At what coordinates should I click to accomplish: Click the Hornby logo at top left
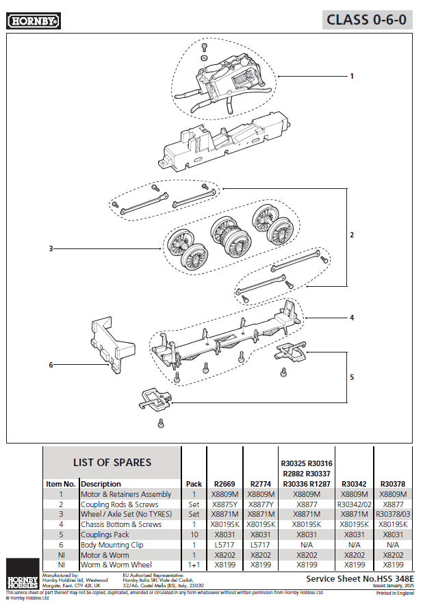tap(34, 21)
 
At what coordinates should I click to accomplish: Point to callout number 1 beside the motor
tap(352, 76)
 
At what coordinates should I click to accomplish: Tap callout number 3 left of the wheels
tap(51, 248)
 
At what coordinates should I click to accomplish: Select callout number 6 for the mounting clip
tap(51, 365)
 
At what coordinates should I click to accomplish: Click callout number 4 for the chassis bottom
tap(352, 318)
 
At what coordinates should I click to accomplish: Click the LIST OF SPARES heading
tap(112, 462)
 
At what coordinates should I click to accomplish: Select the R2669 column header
tap(225, 483)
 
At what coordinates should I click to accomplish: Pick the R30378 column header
tap(393, 483)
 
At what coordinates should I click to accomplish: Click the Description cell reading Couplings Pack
tap(105, 535)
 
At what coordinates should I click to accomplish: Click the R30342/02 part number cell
tap(354, 504)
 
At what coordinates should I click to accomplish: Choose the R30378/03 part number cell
tap(393, 514)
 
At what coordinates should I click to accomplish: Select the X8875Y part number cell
tap(225, 504)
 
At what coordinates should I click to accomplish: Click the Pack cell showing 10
tap(194, 535)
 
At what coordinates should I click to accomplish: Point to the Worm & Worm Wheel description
tap(116, 565)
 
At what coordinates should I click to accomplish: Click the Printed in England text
tap(395, 593)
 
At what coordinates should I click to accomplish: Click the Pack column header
tap(194, 483)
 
